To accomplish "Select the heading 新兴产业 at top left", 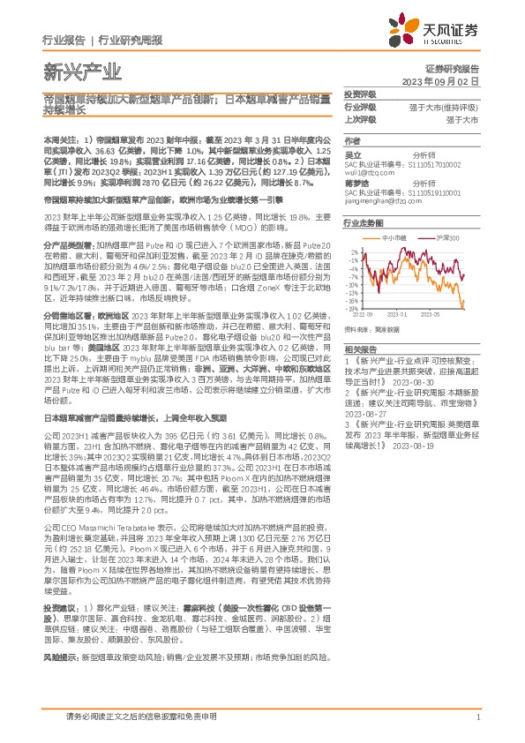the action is pyautogui.click(x=73, y=70).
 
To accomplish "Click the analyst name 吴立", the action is pyautogui.click(x=352, y=154).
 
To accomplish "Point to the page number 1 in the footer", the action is pyautogui.click(x=477, y=717).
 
